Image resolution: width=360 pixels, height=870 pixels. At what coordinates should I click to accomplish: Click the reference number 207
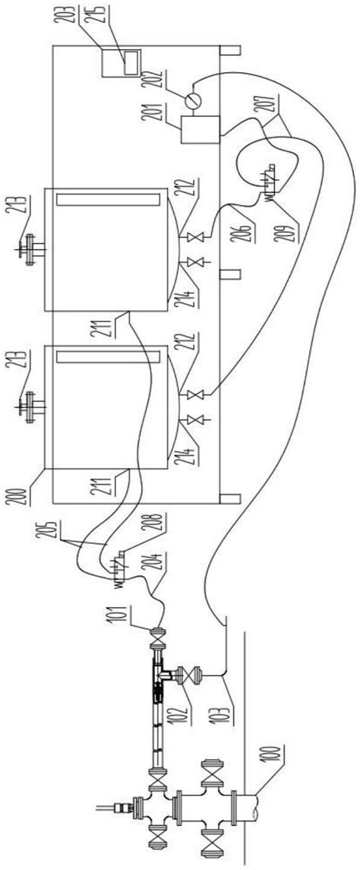click(270, 103)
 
